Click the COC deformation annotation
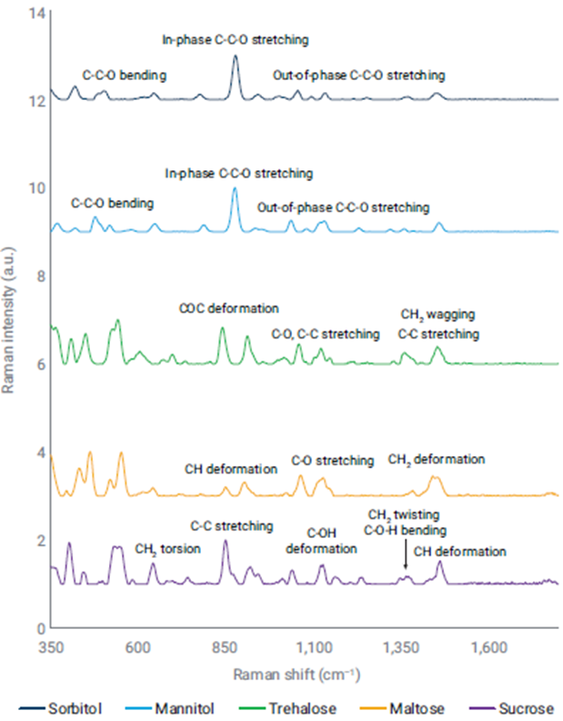coord(229,309)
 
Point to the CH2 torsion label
coord(167,548)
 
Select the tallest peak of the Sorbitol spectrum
coord(236,56)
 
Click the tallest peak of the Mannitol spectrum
coord(235,188)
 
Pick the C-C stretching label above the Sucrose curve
coord(231,525)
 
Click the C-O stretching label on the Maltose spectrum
coord(332,460)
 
